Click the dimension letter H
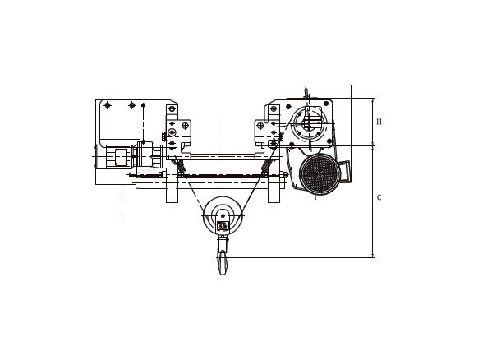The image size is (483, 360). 379,122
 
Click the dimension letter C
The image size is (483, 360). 379,197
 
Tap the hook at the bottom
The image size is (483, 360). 222,257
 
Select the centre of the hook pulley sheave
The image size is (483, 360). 222,215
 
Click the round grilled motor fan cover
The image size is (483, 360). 319,174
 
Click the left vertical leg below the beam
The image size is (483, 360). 172,188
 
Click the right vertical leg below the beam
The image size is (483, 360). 274,188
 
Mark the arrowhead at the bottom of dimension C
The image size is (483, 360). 373,255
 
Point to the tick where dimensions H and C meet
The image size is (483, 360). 373,146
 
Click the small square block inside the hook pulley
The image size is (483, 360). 222,225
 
